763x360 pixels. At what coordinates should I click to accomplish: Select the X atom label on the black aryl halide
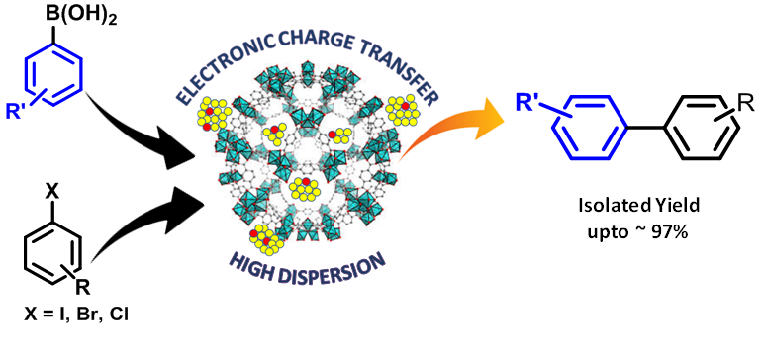52,193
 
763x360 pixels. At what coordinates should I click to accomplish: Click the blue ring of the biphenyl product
590,128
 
